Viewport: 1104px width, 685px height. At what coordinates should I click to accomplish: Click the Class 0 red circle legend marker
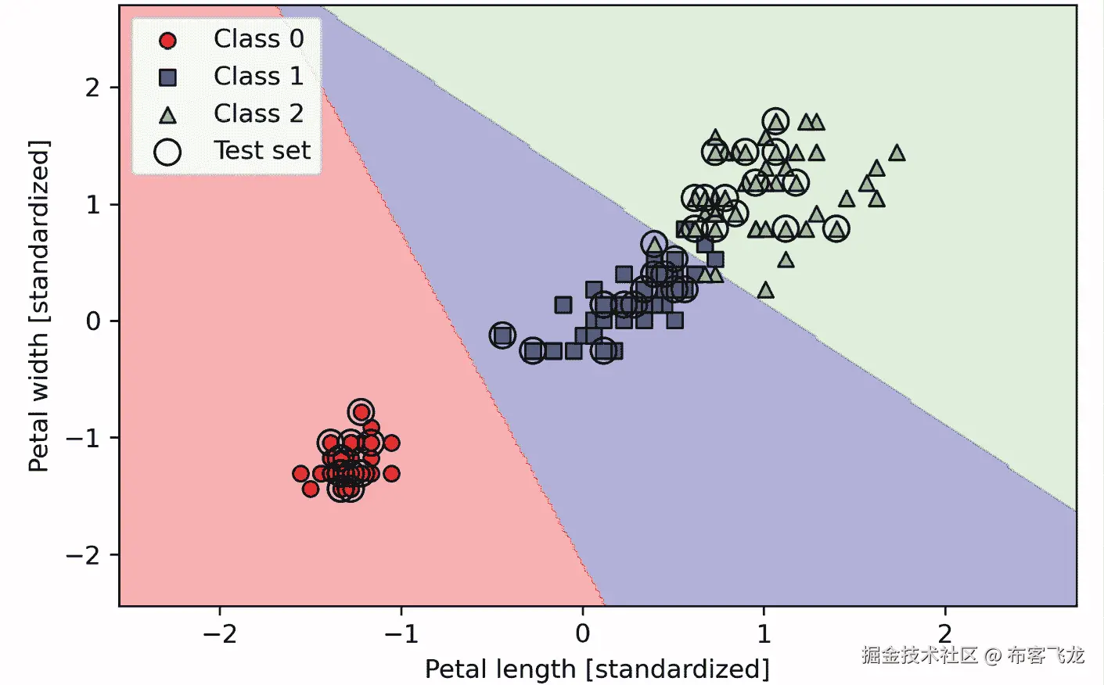coord(167,40)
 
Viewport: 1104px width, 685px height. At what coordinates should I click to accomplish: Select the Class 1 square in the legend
coord(167,77)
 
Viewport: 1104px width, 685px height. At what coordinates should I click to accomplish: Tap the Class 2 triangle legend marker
coord(167,116)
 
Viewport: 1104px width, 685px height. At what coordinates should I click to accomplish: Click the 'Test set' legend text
coord(262,150)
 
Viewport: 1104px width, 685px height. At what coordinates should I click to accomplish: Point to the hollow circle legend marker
coord(167,152)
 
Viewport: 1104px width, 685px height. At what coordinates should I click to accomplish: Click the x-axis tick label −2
coord(219,633)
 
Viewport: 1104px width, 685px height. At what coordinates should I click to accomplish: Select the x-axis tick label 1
coord(764,633)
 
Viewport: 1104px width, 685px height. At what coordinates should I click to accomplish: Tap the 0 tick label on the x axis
coord(582,633)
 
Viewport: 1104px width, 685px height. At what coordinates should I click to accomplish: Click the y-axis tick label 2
coord(93,88)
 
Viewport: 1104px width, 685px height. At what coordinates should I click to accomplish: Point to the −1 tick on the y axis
coord(84,438)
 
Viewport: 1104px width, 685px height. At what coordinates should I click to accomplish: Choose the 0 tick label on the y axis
coord(93,321)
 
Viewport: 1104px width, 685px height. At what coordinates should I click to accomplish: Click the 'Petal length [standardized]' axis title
coord(597,669)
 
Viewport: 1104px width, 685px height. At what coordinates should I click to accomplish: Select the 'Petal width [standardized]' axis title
coord(38,307)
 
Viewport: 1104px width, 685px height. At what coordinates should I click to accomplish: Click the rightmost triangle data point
coord(897,153)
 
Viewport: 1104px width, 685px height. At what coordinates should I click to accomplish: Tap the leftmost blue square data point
coord(502,335)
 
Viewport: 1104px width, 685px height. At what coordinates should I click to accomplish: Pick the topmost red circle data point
coord(361,411)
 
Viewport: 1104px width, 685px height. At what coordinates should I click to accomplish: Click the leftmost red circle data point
coord(300,473)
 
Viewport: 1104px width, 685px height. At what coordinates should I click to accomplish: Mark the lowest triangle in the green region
coord(765,290)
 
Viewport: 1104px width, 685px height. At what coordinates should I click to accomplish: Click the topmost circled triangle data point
coord(775,121)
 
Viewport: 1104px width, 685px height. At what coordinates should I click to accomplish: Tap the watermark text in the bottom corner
coord(973,655)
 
